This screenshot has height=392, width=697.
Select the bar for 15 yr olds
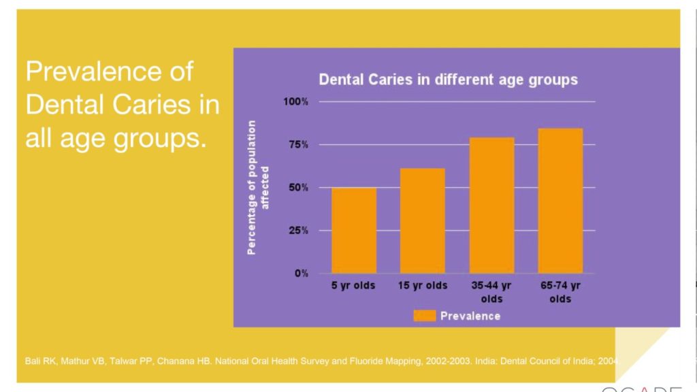pos(422,220)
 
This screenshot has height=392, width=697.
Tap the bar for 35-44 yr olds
pos(491,205)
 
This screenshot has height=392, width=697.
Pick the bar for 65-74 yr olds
pos(560,201)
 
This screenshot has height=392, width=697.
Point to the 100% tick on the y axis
pos(296,101)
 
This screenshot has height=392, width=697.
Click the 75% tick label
pos(299,144)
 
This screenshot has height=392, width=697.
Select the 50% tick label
pos(299,187)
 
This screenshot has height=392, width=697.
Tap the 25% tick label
pos(299,230)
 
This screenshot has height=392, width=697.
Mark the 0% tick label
pos(302,273)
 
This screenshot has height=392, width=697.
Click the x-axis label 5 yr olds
pos(353,286)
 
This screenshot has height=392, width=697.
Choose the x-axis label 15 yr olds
pos(423,286)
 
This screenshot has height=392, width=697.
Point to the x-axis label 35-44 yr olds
pos(491,292)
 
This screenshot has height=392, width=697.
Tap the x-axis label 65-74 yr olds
pos(560,292)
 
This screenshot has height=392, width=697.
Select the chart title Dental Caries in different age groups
pos(449,80)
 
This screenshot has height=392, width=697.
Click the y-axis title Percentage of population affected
pos(259,187)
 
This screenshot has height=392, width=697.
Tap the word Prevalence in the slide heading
pos(110,71)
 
